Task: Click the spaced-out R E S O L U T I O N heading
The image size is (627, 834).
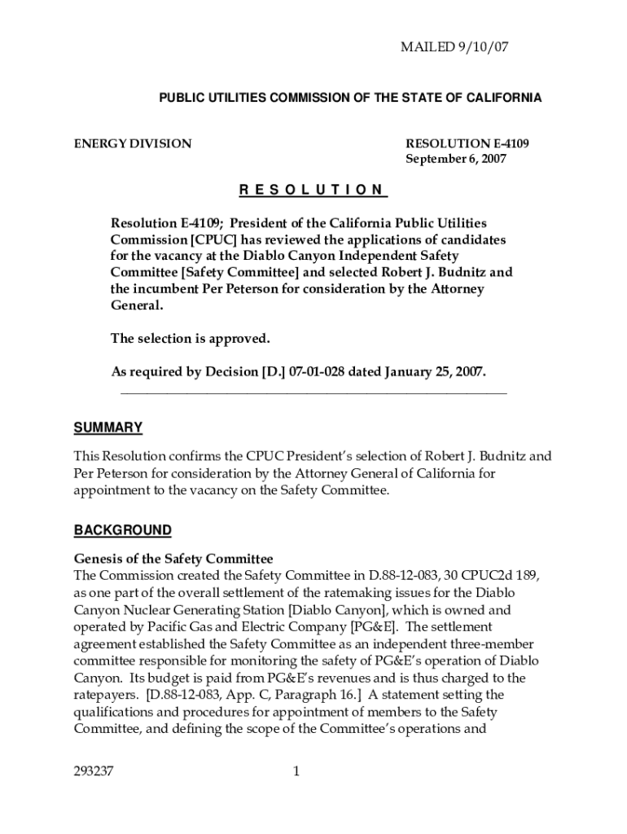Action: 313,191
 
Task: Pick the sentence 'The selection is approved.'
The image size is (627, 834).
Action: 190,338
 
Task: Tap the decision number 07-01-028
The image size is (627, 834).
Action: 313,371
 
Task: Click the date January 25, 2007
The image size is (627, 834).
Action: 431,371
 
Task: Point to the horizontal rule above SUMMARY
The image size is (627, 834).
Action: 313,393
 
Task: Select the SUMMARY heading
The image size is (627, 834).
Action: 108,428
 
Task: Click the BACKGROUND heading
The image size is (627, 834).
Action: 123,531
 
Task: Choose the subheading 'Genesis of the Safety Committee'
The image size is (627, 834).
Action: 173,559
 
